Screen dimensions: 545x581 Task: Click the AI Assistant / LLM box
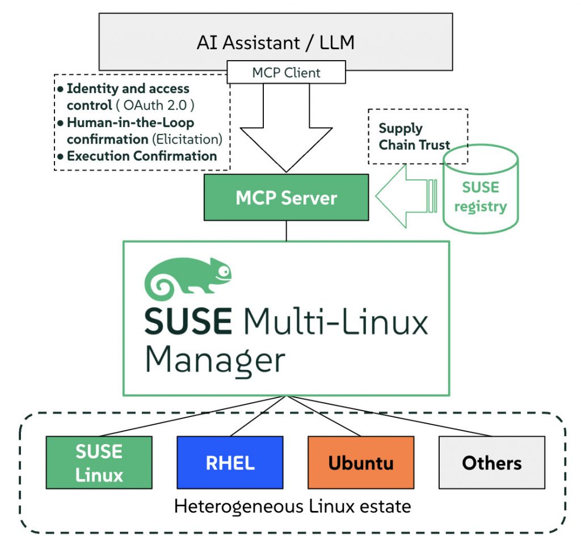click(276, 41)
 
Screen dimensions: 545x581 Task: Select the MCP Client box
click(286, 73)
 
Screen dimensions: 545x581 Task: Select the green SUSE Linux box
click(99, 462)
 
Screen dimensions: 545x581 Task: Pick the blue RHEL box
click(229, 462)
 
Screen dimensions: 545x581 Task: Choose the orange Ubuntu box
click(360, 462)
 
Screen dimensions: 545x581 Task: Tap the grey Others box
click(491, 462)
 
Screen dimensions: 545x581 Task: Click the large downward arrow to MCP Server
click(286, 136)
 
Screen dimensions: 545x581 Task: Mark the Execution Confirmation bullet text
click(142, 155)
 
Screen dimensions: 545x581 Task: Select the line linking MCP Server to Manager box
click(286, 230)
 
